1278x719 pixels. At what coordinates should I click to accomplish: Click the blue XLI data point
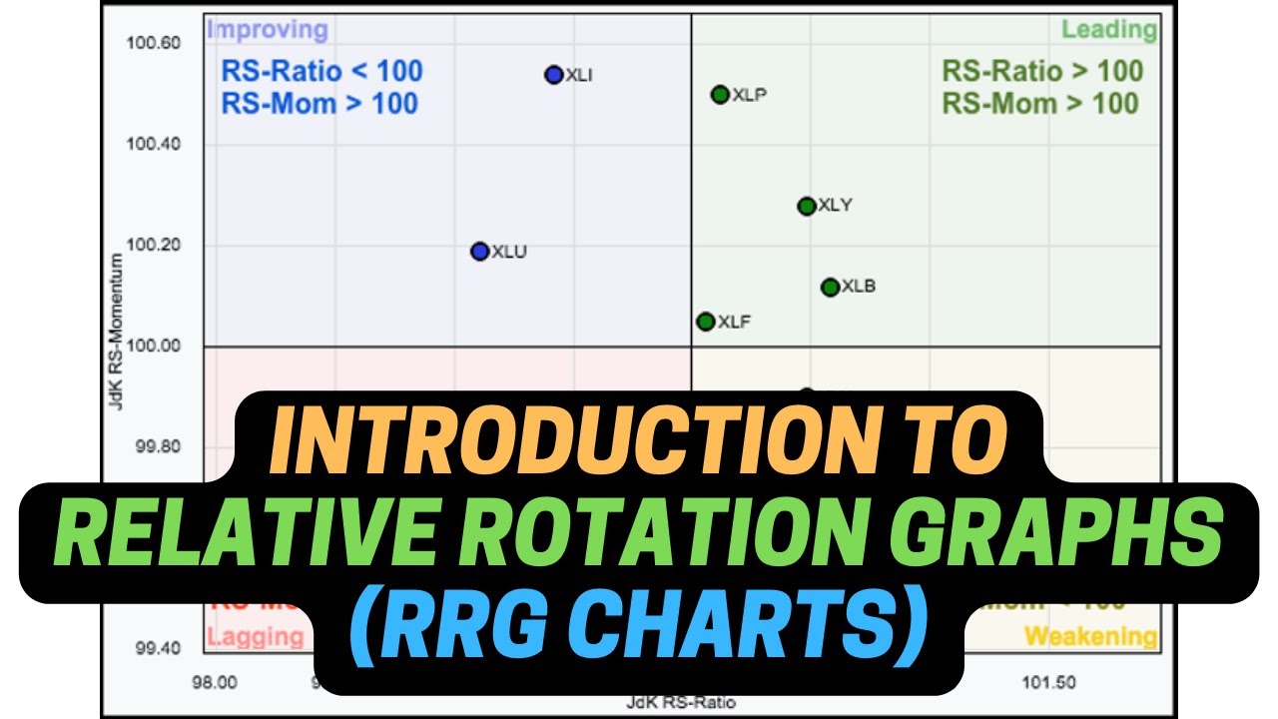[555, 75]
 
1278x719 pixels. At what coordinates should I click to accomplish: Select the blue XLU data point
[480, 252]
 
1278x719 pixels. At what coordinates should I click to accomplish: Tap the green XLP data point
[720, 95]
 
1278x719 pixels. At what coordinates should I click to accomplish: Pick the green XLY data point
[807, 207]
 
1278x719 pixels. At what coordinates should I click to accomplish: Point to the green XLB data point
[830, 288]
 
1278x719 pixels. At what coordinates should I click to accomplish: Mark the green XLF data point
[706, 322]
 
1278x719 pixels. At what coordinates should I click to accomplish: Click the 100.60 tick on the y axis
[153, 43]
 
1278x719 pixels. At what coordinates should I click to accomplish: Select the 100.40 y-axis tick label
[153, 144]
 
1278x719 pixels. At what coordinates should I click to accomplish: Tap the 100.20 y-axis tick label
[153, 246]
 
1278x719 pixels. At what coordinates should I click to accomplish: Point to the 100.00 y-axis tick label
[153, 347]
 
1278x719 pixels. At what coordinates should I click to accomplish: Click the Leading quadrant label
[1108, 30]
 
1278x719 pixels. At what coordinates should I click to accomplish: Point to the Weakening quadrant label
[1090, 637]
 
